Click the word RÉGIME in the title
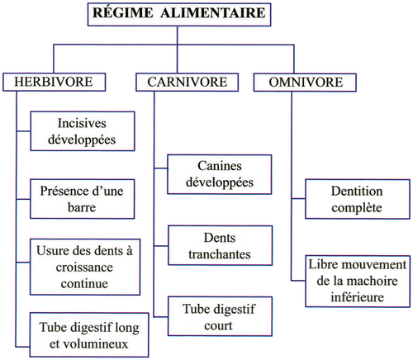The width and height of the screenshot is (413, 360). click(x=122, y=13)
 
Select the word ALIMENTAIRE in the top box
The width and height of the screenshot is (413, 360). click(x=213, y=13)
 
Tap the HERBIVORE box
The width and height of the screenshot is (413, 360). click(x=54, y=82)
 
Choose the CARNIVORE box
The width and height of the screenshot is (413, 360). click(x=188, y=82)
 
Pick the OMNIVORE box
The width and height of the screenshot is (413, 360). click(x=305, y=83)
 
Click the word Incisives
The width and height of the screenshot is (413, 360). click(x=82, y=123)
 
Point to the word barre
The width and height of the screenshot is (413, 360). click(x=82, y=207)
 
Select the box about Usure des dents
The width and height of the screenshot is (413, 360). click(x=85, y=267)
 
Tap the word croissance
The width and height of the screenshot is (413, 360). click(x=84, y=268)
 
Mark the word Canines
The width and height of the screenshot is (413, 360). click(x=220, y=166)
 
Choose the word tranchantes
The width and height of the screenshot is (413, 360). click(x=220, y=254)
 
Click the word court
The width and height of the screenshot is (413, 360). click(x=218, y=325)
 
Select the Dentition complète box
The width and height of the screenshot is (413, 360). click(x=358, y=199)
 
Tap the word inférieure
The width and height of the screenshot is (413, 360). click(x=357, y=297)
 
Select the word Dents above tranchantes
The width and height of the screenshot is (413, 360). click(x=220, y=238)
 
